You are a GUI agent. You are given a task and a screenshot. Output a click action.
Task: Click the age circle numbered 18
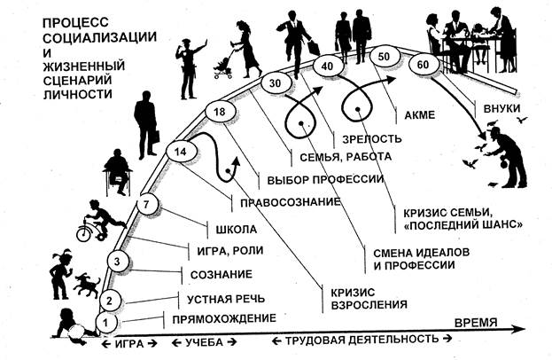coord(220,113)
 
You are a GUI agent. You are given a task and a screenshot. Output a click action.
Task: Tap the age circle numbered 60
coord(424,65)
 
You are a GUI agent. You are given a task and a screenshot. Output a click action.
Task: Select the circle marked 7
coord(147,204)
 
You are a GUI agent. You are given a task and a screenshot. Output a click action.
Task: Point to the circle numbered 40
coord(328,66)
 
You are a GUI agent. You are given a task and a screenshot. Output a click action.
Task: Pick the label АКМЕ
coord(420,115)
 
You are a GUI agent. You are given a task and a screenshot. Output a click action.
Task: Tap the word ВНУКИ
coord(501,108)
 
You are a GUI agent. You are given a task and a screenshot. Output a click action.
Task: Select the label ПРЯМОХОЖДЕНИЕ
coord(224,319)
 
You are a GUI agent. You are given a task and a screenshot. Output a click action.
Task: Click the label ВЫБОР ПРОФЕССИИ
coord(325,180)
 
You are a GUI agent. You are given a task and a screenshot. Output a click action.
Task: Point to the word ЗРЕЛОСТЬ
coord(372,139)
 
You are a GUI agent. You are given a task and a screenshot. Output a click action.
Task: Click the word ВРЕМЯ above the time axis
coord(476,323)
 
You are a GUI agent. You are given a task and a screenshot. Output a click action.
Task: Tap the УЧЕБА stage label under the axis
coord(204,342)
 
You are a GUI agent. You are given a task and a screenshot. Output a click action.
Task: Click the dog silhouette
coord(87,285)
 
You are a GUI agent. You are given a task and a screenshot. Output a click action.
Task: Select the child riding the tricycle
coord(100,221)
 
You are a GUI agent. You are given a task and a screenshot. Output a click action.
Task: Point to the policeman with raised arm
coord(189,68)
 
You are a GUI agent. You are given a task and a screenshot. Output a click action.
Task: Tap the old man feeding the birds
coord(507,158)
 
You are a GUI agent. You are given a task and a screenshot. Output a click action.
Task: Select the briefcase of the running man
coord(314,48)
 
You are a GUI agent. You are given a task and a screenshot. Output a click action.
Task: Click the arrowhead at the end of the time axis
coord(519,329)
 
